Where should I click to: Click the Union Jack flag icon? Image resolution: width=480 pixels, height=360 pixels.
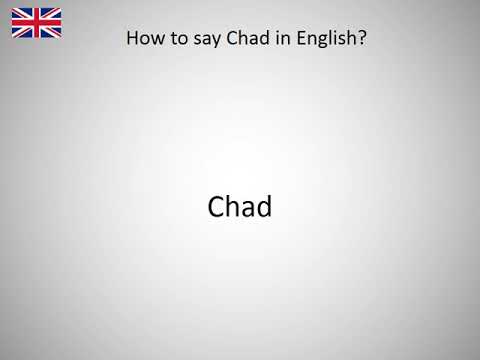36,22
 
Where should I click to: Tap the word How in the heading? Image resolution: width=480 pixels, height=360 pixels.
143,41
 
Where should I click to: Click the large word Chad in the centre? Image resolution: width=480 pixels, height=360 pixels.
240,206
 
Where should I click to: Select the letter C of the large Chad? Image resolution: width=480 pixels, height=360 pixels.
217,207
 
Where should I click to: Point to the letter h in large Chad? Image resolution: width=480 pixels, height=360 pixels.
234,206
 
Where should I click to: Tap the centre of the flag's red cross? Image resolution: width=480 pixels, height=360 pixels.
36,22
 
